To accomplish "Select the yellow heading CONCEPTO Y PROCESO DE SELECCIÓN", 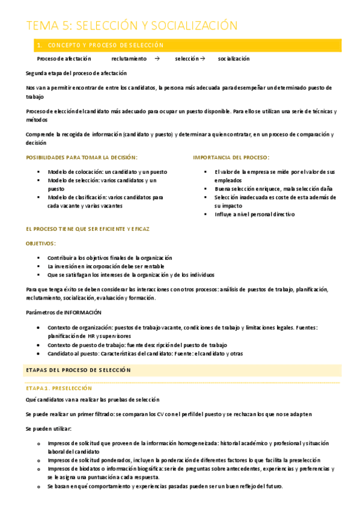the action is click(105, 45).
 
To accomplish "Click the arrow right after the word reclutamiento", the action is click(157, 59).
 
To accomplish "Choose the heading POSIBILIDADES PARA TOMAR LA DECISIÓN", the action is click(82, 157).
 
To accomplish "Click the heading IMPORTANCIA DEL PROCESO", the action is click(231, 157).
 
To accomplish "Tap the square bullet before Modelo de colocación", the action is click(38, 172).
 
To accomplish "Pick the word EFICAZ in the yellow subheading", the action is click(139, 229).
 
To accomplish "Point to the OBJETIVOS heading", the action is click(41, 244).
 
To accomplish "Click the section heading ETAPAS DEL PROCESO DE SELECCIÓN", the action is click(78, 370).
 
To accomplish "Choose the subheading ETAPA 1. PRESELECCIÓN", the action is click(59, 389).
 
